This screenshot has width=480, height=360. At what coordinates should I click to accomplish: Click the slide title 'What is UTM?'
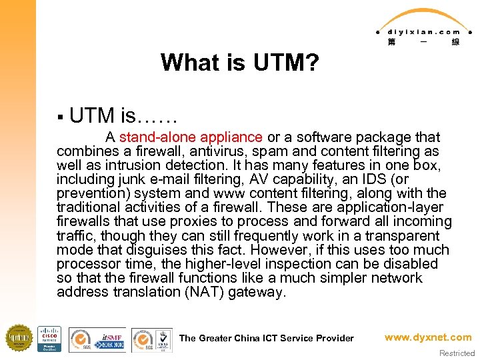coord(240,63)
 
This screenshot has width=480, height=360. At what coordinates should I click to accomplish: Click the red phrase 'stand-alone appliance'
coord(191,137)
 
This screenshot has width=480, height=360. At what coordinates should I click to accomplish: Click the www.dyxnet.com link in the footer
coord(427,337)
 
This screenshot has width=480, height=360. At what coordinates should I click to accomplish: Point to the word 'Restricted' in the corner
coord(457,353)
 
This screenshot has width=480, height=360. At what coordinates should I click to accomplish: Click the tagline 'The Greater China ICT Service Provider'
coord(267,338)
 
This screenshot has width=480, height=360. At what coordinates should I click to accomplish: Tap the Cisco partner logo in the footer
coord(49,339)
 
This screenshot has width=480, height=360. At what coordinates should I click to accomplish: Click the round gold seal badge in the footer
coord(19,338)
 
